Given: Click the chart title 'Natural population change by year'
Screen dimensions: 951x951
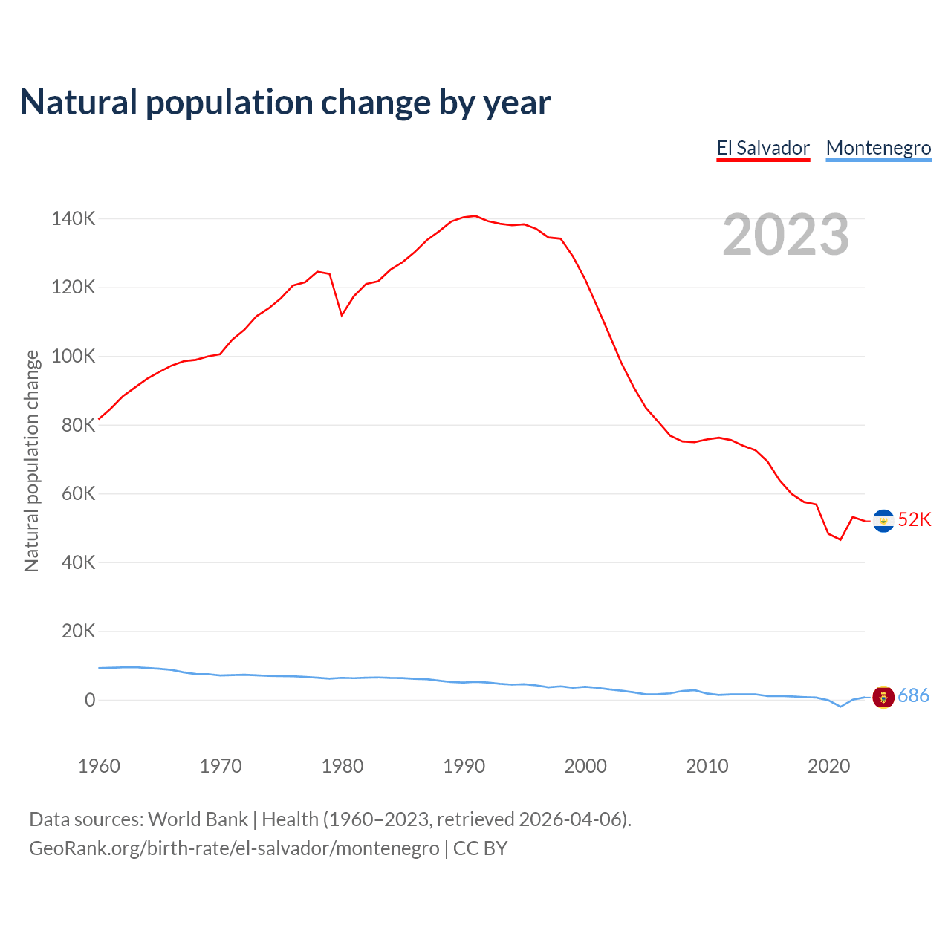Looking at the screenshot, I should coord(285,103).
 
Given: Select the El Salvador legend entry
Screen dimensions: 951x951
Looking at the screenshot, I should coord(763,148).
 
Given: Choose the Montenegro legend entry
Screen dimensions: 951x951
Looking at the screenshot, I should coord(878,148).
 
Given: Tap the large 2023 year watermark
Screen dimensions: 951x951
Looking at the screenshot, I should coord(785,235).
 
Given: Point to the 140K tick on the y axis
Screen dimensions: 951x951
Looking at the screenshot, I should coord(73,219).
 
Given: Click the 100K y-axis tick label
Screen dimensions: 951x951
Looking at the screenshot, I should coord(73,357).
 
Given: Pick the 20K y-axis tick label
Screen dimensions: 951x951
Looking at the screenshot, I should coord(78,632).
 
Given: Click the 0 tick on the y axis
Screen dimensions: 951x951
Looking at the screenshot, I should coord(90,700).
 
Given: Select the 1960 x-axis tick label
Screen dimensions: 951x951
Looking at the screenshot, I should coord(99,766).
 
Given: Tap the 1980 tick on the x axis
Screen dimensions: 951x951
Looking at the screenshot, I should coord(343,766).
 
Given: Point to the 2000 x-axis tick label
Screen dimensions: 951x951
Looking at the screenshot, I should coord(585,766).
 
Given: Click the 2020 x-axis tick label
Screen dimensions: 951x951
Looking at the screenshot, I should coord(828,766).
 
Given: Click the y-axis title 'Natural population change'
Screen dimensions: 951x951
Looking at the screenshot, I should coord(31,461).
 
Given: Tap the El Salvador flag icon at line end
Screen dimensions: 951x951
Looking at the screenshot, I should coord(883,521).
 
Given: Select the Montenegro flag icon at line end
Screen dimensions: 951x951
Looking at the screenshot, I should coord(883,697).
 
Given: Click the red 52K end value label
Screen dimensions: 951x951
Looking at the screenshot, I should coord(914,519).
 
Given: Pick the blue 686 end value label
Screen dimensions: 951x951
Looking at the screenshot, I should coord(913,695).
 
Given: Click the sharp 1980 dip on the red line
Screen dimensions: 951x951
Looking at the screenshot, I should coord(342,315).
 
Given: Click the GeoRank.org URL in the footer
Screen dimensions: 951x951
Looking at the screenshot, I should coord(234,848).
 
